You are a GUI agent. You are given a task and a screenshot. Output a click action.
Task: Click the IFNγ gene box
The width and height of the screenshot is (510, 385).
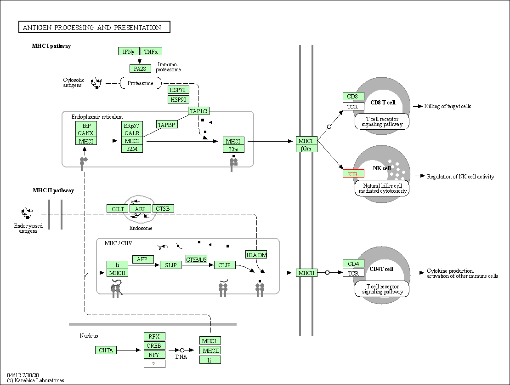click(129, 52)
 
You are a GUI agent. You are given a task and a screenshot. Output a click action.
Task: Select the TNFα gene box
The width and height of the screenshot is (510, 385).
click(151, 52)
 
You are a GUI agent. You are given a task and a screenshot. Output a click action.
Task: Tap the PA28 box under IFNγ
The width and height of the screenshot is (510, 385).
click(140, 69)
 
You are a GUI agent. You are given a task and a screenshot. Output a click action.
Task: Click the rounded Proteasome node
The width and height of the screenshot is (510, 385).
click(141, 83)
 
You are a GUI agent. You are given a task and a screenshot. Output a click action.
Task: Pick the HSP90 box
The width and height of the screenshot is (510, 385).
click(179, 99)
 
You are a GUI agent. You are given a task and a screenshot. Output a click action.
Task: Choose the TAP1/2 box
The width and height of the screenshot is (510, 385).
click(198, 111)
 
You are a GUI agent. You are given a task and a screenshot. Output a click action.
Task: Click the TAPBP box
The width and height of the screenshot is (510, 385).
click(166, 125)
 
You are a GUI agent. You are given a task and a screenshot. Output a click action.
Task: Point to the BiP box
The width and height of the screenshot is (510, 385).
click(86, 126)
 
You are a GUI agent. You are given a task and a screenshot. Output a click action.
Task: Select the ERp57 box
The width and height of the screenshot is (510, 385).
click(132, 126)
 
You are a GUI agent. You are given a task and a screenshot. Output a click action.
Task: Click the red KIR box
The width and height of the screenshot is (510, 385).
click(353, 174)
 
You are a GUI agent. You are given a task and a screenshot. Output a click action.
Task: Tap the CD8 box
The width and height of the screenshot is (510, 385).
click(353, 96)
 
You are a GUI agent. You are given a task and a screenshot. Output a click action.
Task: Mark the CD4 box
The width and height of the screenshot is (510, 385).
click(353, 264)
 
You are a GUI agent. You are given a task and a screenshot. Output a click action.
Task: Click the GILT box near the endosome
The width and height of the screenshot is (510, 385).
click(118, 209)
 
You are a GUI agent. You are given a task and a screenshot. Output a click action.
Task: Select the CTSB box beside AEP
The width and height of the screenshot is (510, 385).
click(163, 208)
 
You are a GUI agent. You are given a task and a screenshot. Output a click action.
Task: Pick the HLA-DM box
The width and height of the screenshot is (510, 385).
click(256, 255)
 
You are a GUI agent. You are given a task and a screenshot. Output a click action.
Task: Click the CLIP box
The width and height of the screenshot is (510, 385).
click(224, 265)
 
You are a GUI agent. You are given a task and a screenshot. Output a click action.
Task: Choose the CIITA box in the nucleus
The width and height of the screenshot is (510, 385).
click(106, 350)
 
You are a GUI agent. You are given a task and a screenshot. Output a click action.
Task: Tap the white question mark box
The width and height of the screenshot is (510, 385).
click(154, 364)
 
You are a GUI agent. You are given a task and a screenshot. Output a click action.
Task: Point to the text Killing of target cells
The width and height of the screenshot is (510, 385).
click(448, 106)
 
